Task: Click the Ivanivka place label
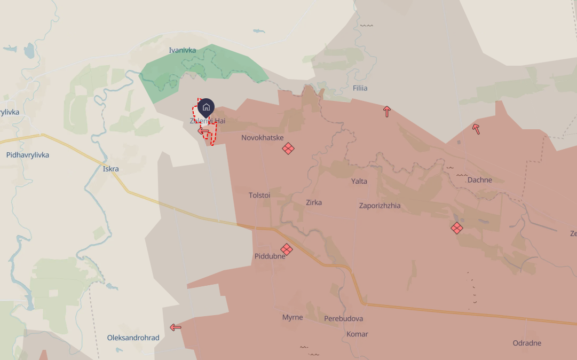(x=182, y=50)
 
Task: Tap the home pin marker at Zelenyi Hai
(x=206, y=108)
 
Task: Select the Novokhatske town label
(x=262, y=138)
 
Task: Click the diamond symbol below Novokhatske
(x=288, y=148)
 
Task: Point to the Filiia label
(x=360, y=88)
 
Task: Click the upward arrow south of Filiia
(x=387, y=112)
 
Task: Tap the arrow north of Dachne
(x=476, y=129)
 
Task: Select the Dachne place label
(x=479, y=180)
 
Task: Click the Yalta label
(x=359, y=181)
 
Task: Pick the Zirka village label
(x=314, y=202)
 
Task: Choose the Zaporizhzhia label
(x=380, y=206)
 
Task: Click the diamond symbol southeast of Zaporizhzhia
(x=456, y=228)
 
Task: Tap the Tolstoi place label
(x=259, y=195)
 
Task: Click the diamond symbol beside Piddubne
(x=287, y=249)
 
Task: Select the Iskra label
(x=110, y=169)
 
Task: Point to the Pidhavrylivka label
(x=28, y=155)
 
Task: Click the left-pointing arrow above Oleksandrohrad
(x=175, y=327)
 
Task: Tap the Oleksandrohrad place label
(x=133, y=338)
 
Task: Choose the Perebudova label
(x=343, y=319)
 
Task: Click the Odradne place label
(x=527, y=343)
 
